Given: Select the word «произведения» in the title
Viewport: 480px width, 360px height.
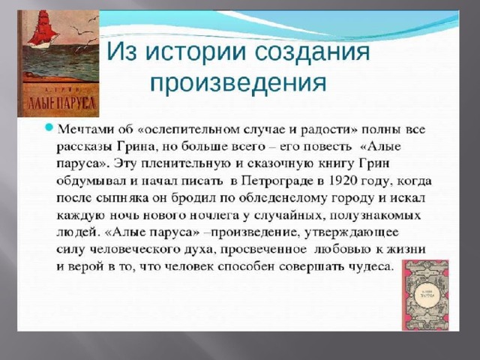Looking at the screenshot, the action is pos(238,82).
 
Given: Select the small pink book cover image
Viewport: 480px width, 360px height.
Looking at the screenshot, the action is pos(425,295).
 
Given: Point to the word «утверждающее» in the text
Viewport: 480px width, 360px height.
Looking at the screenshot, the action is pos(352,232).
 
